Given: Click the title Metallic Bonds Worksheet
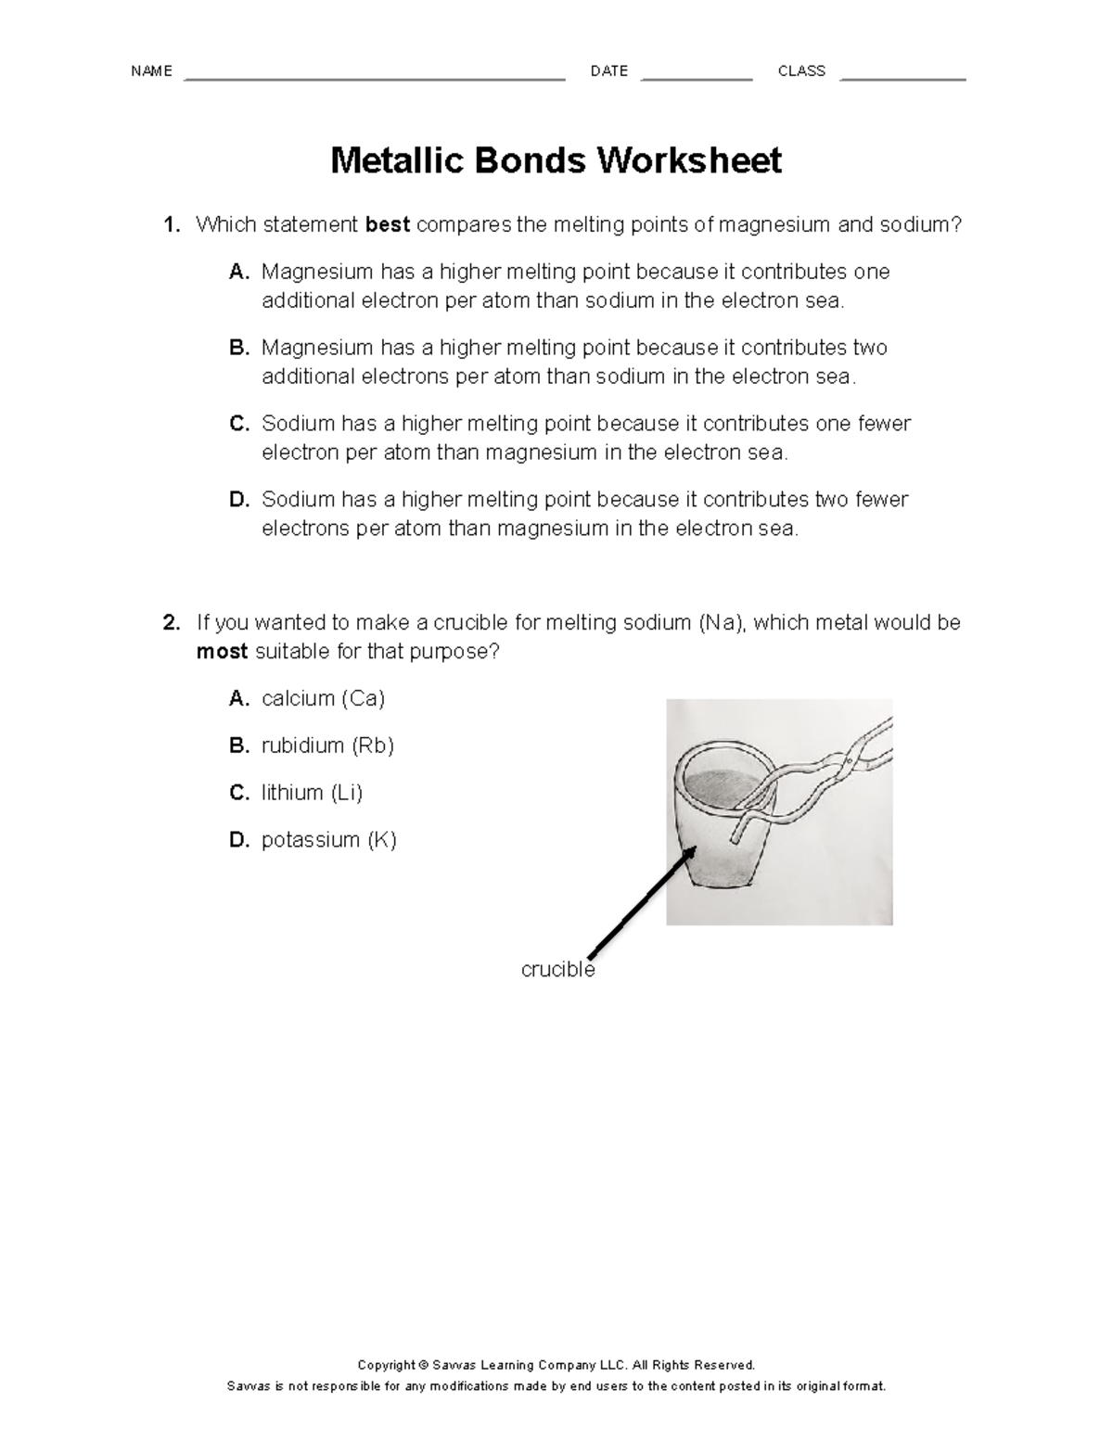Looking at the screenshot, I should click(556, 161).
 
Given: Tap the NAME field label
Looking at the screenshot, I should click(151, 71).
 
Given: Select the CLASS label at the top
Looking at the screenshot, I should click(801, 71).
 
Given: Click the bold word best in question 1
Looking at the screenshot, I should click(388, 225).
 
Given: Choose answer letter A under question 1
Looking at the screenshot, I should click(239, 273).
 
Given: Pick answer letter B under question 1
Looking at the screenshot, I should click(239, 349).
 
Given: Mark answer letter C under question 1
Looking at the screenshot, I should click(239, 425).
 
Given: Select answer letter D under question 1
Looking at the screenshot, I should click(239, 501).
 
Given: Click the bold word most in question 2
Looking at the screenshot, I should click(222, 652).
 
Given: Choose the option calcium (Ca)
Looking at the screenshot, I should click(323, 699).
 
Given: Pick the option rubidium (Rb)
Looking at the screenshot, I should click(327, 746).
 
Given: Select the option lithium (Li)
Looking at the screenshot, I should click(312, 794).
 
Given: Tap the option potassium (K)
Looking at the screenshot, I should click(328, 841).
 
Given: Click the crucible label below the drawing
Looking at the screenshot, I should click(557, 970).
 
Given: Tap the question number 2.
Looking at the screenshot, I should click(171, 623).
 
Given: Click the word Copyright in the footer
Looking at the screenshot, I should click(387, 1365).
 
